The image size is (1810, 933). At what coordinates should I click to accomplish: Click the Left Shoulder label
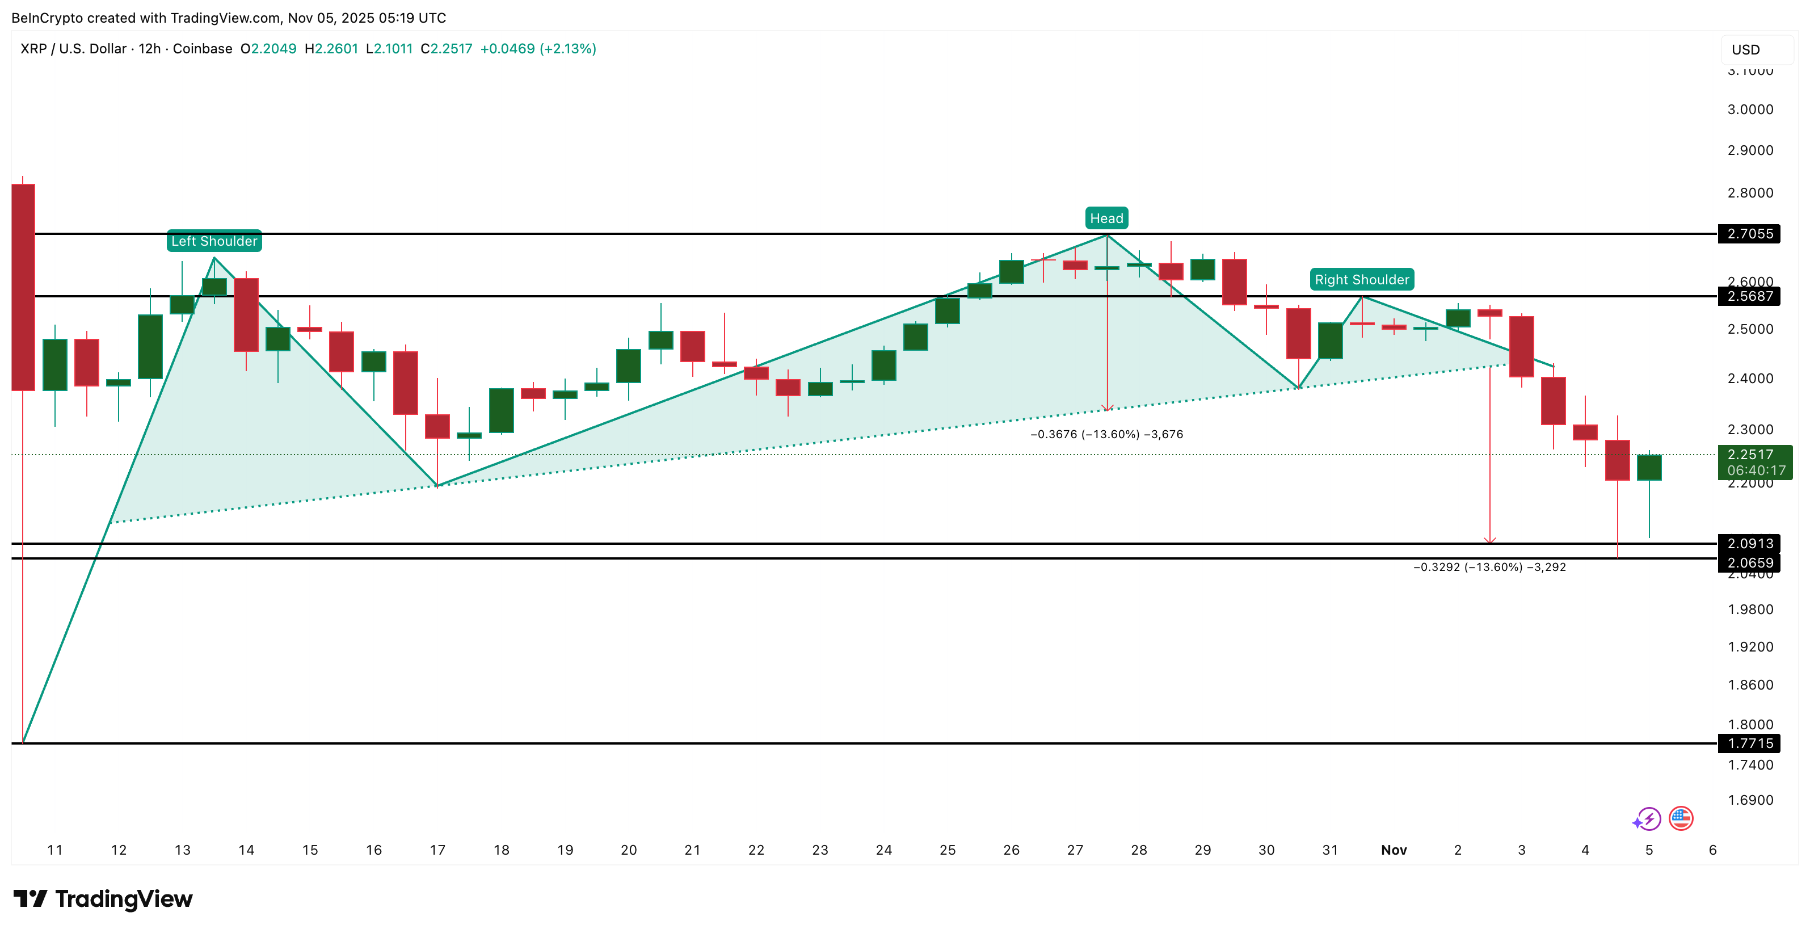pyautogui.click(x=214, y=241)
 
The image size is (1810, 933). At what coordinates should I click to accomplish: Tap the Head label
pyautogui.click(x=1106, y=218)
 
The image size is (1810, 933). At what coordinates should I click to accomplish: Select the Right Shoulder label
pyautogui.click(x=1362, y=280)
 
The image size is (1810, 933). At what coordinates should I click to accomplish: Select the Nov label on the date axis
pyautogui.click(x=1394, y=850)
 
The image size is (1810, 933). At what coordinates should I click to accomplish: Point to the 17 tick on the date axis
pyautogui.click(x=437, y=850)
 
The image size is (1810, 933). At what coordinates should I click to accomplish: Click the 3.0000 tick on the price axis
pyautogui.click(x=1750, y=110)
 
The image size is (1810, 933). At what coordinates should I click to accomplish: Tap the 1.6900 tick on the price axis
pyautogui.click(x=1750, y=800)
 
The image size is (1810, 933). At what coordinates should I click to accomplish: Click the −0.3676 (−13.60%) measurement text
pyautogui.click(x=1106, y=434)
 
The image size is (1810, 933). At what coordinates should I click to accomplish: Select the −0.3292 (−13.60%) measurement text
pyautogui.click(x=1489, y=567)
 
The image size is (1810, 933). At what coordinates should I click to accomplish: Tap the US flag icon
pyautogui.click(x=1681, y=818)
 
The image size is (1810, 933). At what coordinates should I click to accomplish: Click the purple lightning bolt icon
pyautogui.click(x=1647, y=819)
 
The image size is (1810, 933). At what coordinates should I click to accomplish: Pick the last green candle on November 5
pyautogui.click(x=1649, y=467)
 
